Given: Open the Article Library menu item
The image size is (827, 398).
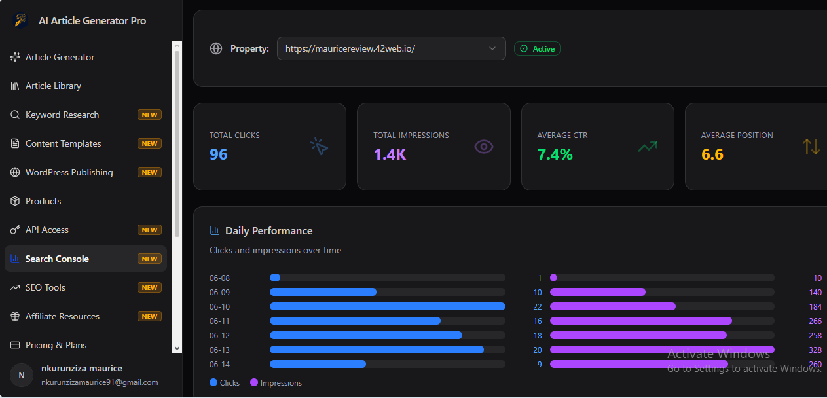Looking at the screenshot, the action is coord(46,86).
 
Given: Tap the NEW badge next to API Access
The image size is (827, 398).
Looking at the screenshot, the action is coord(149,230).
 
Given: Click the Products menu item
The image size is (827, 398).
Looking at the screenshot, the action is coord(35,201).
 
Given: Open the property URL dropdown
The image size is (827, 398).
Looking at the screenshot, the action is coord(392,48).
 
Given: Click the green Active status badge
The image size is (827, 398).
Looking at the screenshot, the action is coord(537,48).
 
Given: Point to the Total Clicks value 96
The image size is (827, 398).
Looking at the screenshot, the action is coord(219,154).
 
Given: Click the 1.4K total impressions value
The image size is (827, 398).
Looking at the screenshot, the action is coord(390,154).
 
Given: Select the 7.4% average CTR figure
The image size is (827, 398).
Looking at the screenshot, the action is coord(555,154).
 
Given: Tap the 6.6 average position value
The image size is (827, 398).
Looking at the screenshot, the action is coord(712,154).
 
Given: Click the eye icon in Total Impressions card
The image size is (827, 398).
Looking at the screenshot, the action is coord(484,147).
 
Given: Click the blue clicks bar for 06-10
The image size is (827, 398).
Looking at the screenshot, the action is coord(387,306).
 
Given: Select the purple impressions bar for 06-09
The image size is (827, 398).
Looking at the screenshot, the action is coord(598,292).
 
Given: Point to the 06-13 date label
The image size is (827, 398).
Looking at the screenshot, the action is coord(219,350).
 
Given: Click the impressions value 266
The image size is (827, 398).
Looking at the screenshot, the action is coord(815,321).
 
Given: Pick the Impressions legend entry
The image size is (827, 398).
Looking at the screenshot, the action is coord(276,383).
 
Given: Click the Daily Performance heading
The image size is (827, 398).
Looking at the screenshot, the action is coord(268,231).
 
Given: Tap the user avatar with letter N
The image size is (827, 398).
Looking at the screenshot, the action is coord(22,375).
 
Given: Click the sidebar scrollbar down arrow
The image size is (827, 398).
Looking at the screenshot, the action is coord(177,348).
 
